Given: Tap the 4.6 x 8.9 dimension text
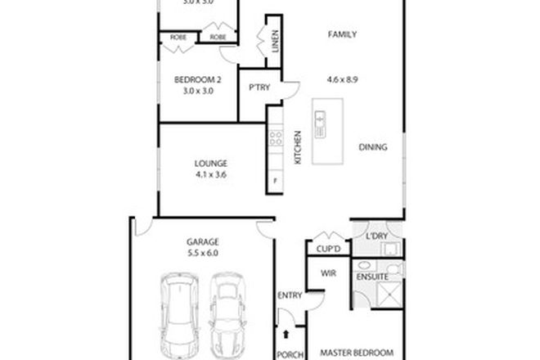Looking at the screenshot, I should [344, 80].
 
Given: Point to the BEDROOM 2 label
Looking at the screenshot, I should [198, 79].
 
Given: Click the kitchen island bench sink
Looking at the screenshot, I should [320, 122].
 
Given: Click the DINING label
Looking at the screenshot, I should [372, 147].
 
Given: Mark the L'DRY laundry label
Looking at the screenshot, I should [376, 236].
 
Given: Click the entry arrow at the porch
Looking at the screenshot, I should [286, 334].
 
